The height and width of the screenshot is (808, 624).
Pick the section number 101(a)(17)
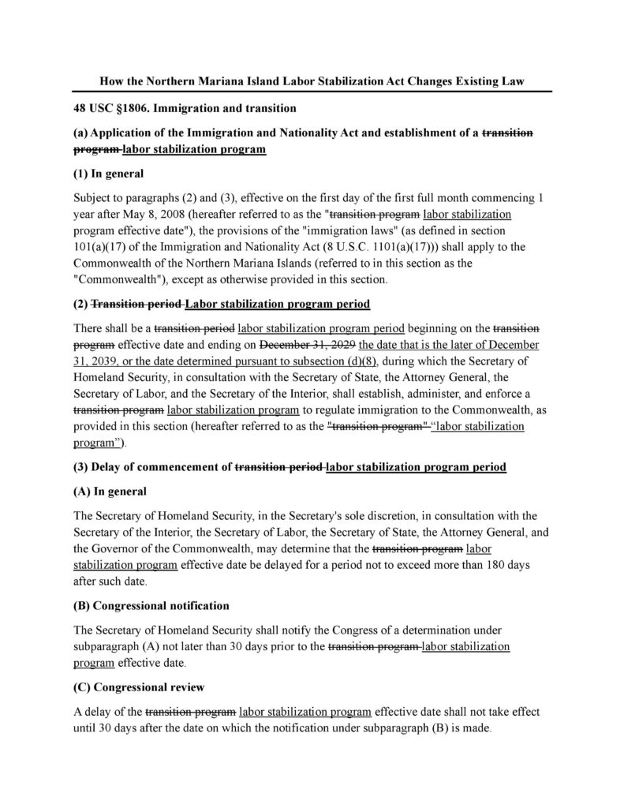(x=103, y=246)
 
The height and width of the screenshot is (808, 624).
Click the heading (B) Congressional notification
(x=151, y=606)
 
